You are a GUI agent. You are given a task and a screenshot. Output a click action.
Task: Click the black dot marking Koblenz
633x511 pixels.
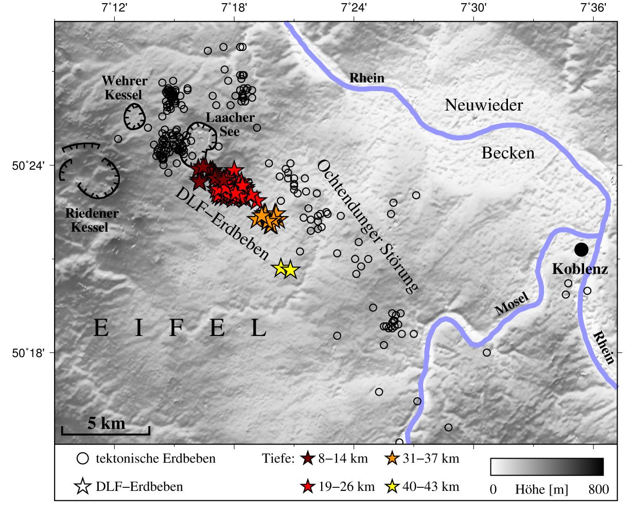(x=581, y=250)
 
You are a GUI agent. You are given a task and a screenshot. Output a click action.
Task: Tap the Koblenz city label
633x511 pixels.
(x=580, y=269)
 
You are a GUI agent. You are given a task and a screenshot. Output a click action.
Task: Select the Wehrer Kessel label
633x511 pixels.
(x=124, y=87)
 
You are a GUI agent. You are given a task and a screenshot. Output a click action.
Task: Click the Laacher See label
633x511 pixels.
(x=230, y=125)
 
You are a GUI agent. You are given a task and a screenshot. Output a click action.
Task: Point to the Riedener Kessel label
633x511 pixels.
(x=92, y=220)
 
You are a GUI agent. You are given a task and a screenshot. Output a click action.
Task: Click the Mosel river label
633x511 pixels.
(x=512, y=304)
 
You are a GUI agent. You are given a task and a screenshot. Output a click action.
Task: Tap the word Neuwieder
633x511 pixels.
(x=484, y=105)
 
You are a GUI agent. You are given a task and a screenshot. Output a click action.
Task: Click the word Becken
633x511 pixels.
(x=508, y=153)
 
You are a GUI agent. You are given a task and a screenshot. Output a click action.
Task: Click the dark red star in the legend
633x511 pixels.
(x=307, y=459)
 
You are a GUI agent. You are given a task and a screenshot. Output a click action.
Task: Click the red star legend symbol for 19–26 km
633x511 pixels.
(x=307, y=486)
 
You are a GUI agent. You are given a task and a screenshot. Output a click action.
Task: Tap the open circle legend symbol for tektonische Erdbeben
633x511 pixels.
(x=83, y=459)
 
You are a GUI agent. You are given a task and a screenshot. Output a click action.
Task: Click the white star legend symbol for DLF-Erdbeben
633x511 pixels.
(x=83, y=486)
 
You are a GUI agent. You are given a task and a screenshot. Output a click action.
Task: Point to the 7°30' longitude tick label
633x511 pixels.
(x=473, y=8)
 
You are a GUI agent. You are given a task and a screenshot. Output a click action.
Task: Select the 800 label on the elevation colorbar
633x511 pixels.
(x=599, y=489)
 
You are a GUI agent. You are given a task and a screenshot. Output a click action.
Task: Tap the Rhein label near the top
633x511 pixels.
(x=367, y=78)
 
